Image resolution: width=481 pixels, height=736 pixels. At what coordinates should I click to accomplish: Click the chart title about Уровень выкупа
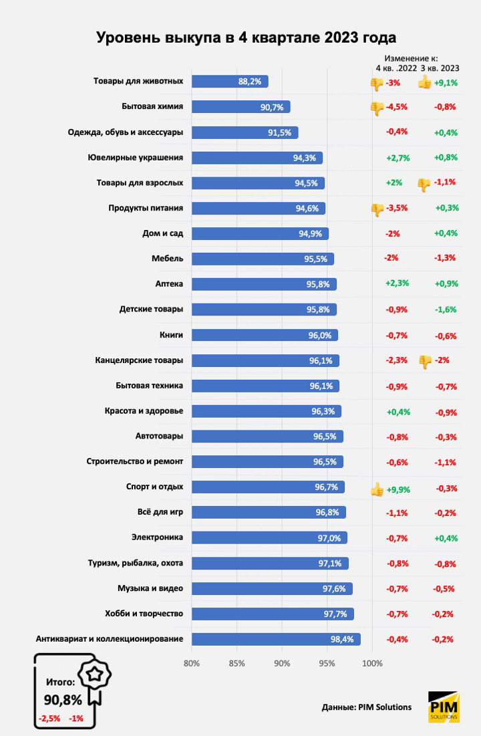[x=246, y=37]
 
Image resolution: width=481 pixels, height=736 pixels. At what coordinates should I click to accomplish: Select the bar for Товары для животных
[x=230, y=82]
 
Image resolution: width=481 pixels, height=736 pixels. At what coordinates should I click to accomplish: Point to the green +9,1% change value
[x=446, y=84]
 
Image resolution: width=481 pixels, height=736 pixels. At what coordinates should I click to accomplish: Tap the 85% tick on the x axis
[x=236, y=664]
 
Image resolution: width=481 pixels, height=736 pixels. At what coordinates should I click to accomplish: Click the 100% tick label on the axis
[x=372, y=664]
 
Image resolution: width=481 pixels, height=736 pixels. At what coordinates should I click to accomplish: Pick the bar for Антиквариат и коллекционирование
[x=276, y=639]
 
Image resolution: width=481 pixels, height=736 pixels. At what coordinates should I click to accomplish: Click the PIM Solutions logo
[x=444, y=707]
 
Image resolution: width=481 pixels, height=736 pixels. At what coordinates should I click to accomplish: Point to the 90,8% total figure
[x=63, y=700]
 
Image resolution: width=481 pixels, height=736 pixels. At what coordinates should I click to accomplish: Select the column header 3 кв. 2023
[x=440, y=68]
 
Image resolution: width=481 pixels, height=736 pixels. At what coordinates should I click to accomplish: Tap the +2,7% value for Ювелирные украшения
[x=397, y=158]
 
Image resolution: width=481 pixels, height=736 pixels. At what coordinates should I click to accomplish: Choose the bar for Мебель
[x=263, y=259]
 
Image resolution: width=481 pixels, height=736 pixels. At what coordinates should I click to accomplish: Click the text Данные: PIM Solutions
[x=366, y=707]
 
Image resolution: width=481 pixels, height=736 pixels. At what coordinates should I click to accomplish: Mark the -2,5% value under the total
[x=49, y=719]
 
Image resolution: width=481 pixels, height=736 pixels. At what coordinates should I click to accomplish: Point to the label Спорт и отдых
[x=154, y=487]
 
